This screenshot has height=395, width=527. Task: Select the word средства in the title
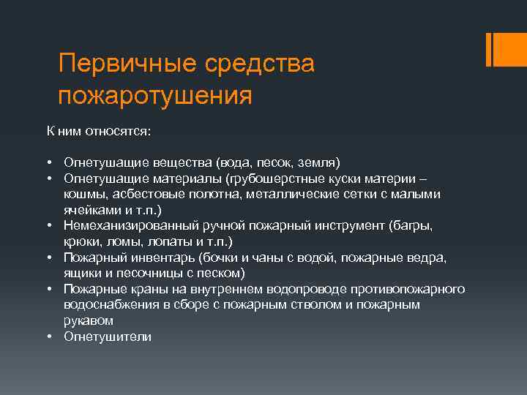(x=263, y=64)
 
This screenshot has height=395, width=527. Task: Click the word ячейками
(x=87, y=209)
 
